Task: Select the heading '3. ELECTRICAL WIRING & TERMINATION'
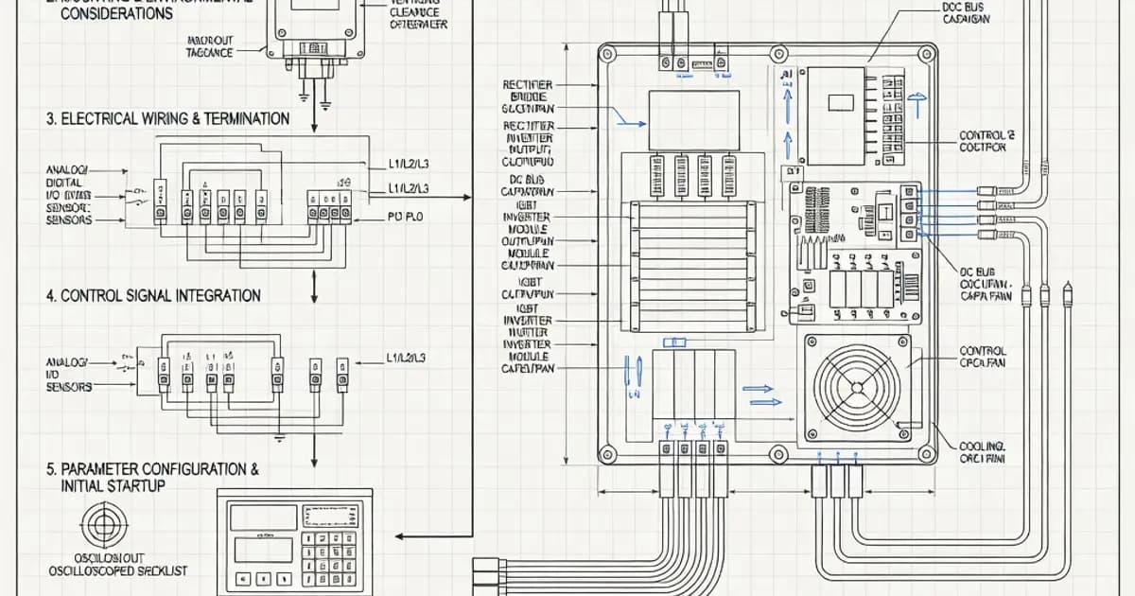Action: [x=168, y=119]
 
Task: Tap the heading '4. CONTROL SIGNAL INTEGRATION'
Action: [x=153, y=295]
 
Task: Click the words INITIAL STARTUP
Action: [x=112, y=485]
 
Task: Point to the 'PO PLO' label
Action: [x=407, y=218]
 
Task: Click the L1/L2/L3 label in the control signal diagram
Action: [x=407, y=359]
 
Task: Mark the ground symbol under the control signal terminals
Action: [x=280, y=438]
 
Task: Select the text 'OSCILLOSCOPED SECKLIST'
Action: [x=118, y=570]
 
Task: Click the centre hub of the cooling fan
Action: [x=857, y=386]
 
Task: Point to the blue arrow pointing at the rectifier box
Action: [x=627, y=117]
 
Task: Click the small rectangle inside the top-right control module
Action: [x=835, y=99]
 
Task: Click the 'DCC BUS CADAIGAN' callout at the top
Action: [x=966, y=12]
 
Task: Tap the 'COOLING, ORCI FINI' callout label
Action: [x=984, y=452]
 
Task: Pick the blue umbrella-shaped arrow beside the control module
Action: [x=917, y=102]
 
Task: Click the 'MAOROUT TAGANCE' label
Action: [x=210, y=47]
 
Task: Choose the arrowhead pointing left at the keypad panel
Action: [x=400, y=536]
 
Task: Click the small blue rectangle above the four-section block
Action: [x=675, y=342]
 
